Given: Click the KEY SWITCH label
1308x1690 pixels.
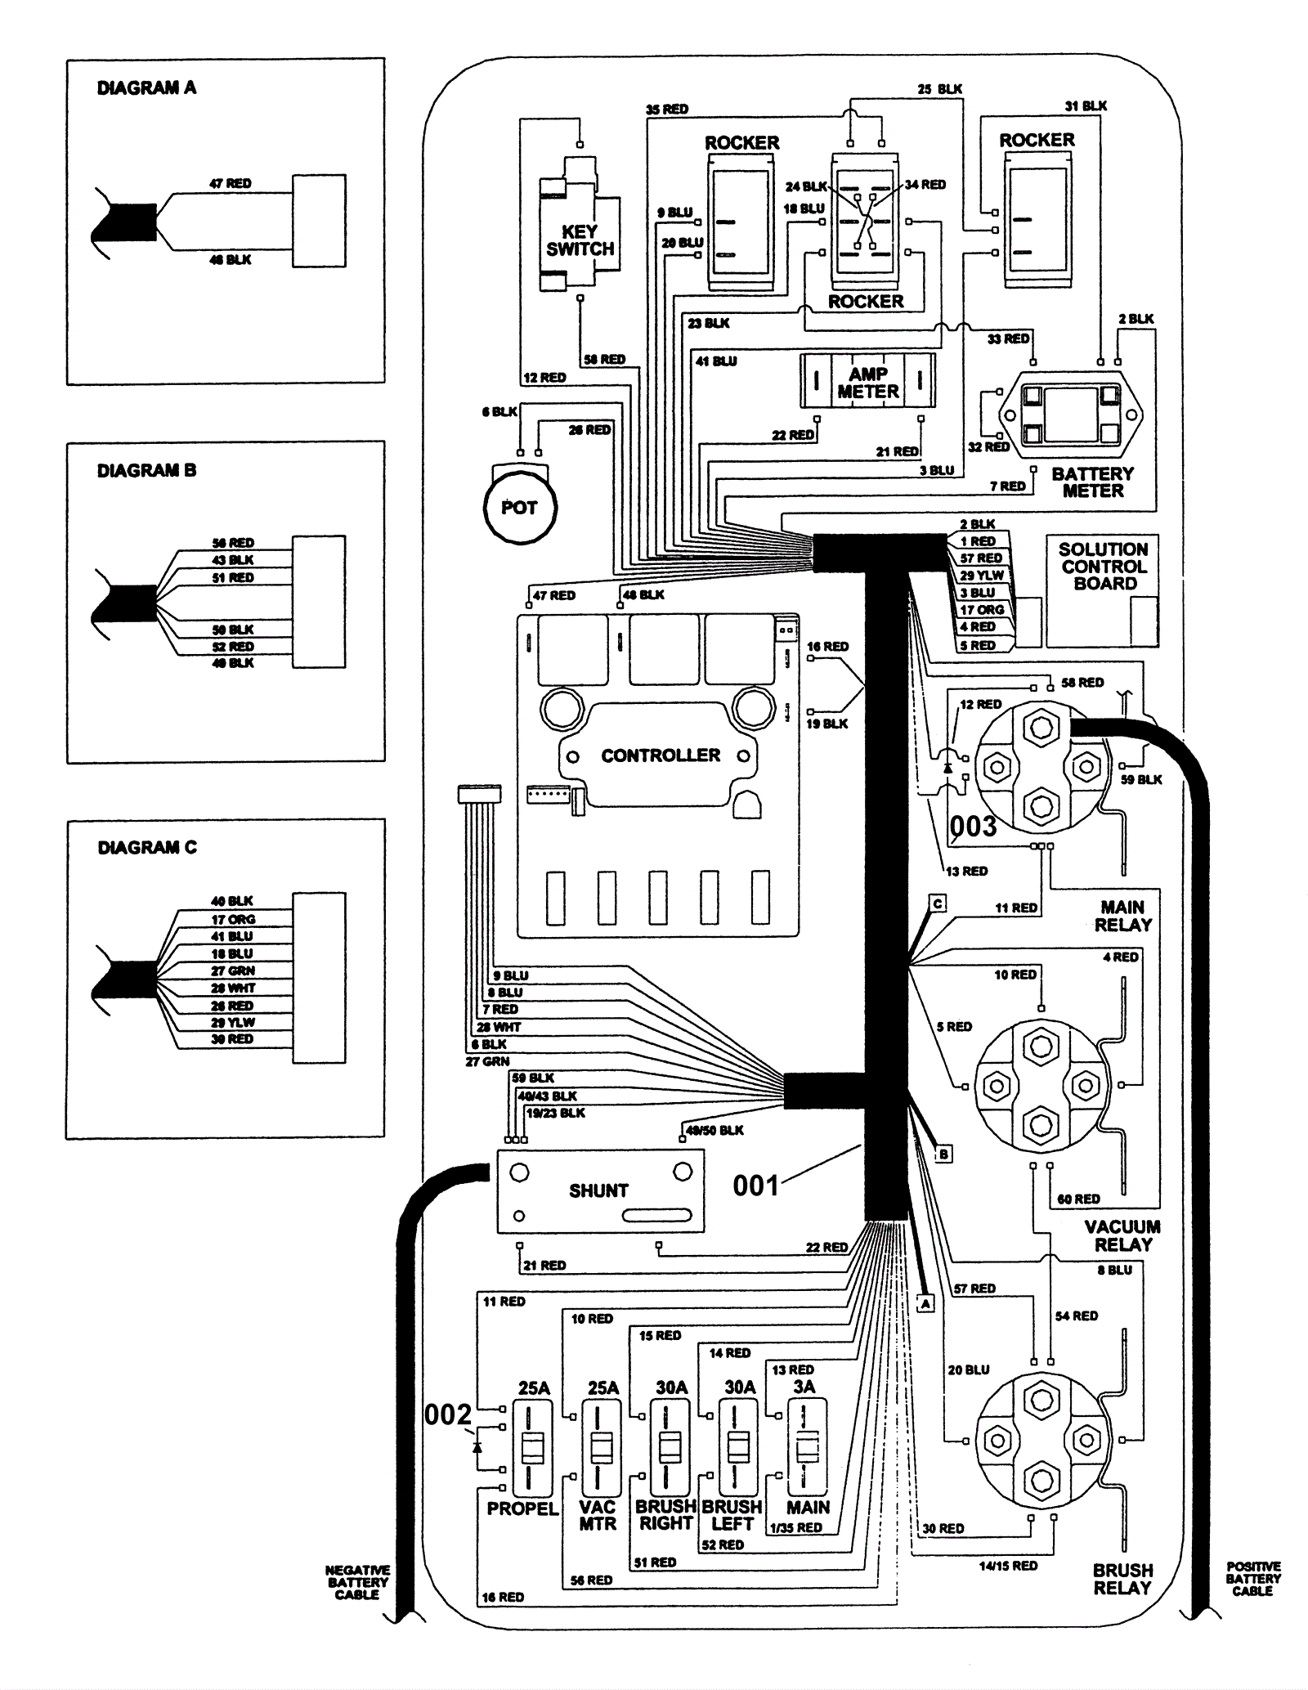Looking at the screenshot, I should pos(580,240).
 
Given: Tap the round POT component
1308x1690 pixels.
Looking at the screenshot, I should pos(520,508).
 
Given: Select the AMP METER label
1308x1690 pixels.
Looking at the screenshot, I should pos(867,383).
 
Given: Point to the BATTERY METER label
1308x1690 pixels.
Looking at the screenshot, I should pos(1092,482).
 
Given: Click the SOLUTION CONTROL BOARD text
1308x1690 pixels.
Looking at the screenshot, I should pos(1103,566).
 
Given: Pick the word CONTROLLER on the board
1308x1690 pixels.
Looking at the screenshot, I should pos(661,755).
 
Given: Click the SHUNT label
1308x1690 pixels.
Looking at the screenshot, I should pos(598,1190).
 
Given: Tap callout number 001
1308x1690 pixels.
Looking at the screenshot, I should pos(755,1185).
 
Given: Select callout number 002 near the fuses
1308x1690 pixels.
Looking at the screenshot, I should pos(448,1414).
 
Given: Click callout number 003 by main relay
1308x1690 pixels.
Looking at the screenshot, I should pos(973,827).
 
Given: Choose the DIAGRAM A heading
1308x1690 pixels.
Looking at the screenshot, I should pos(146,88).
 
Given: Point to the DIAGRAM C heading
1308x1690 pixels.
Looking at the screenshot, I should pos(147,848).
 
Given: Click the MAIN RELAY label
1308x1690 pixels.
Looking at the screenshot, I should pos(1122,916).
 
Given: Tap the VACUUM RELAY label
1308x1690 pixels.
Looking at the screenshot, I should pos(1122,1235).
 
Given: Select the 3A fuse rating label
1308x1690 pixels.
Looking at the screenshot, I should pos(804,1387).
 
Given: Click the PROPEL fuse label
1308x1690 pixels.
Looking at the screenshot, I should pos(522,1508).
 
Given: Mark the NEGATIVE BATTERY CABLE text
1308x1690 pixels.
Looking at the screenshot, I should pos(357,1582).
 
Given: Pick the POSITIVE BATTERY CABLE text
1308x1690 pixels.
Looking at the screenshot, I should pos(1252,1579).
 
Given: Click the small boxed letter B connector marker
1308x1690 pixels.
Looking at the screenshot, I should pos(943,1154).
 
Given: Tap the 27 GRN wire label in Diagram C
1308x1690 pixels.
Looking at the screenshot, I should pos(232,971).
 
